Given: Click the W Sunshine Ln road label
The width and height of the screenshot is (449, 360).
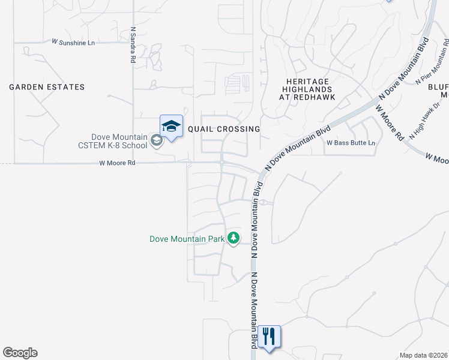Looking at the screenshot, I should click(74, 42).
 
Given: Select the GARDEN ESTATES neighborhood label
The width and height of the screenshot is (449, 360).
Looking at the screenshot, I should click(47, 87).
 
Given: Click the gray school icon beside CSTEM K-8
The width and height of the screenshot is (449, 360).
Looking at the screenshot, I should click(156, 141).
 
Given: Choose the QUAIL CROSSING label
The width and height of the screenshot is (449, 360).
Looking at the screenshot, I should click(224, 129).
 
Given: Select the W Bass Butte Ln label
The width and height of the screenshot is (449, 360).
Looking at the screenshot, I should click(351, 143).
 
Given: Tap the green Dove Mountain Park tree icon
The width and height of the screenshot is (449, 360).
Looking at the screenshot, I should click(234, 239).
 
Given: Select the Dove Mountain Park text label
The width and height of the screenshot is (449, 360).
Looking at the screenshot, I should click(187, 239).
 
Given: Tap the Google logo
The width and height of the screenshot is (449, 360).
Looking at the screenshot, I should click(20, 353).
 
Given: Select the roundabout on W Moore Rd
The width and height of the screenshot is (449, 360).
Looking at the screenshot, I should click(221, 162).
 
